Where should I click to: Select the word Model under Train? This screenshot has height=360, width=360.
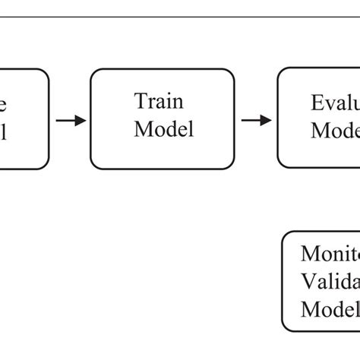click(163, 129)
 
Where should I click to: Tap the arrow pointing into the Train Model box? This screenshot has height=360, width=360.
click(71, 120)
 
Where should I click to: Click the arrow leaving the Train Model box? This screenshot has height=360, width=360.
click(256, 120)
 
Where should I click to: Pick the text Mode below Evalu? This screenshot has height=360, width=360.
click(335, 130)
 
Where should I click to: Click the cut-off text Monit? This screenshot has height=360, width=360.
click(330, 254)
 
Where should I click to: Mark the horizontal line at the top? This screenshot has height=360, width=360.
click(180, 16)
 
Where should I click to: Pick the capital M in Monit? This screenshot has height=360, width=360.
click(310, 254)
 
